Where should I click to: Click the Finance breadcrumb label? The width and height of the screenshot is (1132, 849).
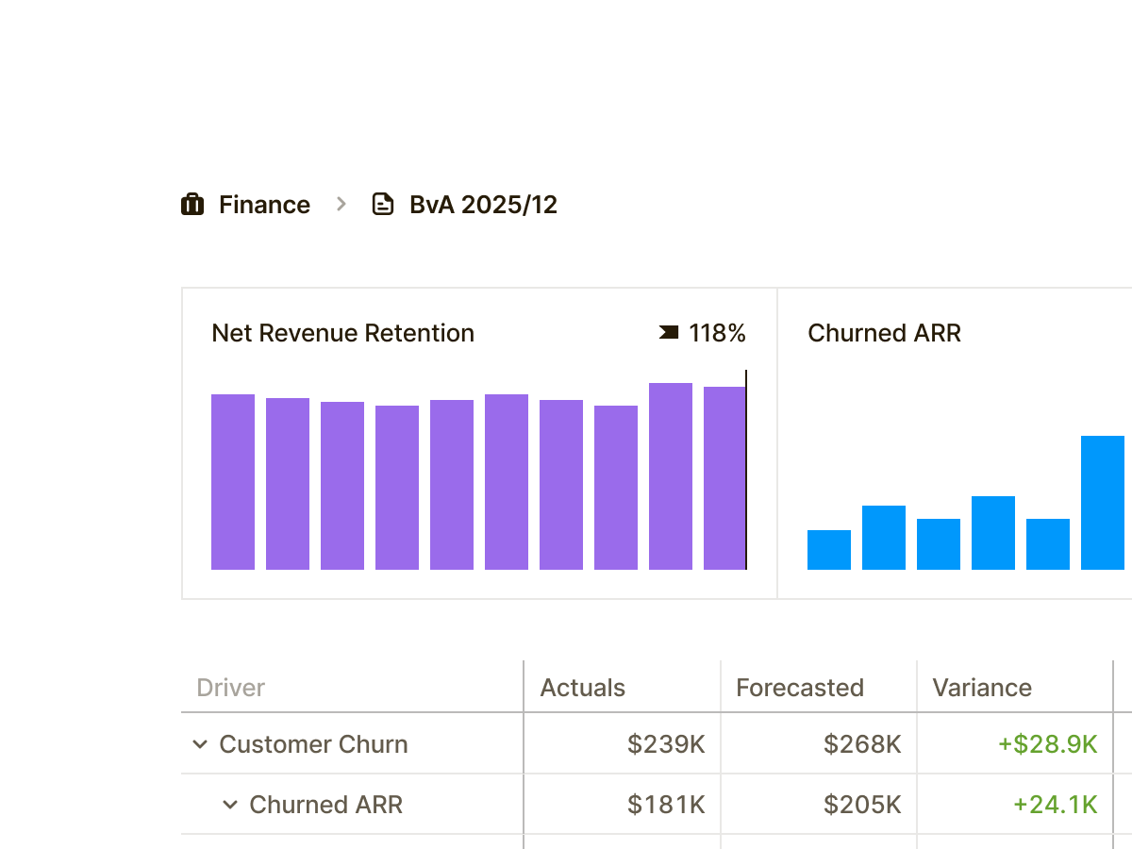[264, 205]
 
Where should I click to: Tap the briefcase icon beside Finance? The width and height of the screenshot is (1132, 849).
[192, 205]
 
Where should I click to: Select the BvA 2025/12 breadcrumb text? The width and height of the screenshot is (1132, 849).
[483, 205]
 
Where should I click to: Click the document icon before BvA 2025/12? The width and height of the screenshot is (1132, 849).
[383, 205]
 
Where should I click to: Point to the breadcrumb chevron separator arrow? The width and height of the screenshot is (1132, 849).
[341, 204]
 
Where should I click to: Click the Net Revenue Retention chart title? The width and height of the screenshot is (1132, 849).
[342, 333]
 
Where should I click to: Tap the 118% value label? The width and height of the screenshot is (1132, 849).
[717, 333]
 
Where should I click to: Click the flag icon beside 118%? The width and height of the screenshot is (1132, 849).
[669, 332]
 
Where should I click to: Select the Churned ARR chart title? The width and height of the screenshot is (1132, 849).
[884, 333]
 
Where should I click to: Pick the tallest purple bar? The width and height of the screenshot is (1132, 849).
[671, 476]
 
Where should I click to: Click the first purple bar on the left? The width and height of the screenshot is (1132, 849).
[233, 482]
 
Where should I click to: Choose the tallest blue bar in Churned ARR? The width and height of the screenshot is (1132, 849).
[1103, 503]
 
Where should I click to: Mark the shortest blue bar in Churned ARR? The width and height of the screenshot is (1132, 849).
[829, 550]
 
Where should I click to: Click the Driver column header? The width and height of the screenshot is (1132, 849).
[231, 688]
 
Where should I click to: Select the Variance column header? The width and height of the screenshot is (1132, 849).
[982, 688]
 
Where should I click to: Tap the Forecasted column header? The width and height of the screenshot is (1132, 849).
[800, 688]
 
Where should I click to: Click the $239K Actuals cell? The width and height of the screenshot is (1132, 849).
[666, 744]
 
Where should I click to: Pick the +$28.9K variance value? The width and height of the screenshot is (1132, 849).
[1047, 744]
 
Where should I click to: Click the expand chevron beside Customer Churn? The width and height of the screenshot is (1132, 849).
[200, 744]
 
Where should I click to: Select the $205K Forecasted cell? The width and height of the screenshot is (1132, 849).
[862, 805]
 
